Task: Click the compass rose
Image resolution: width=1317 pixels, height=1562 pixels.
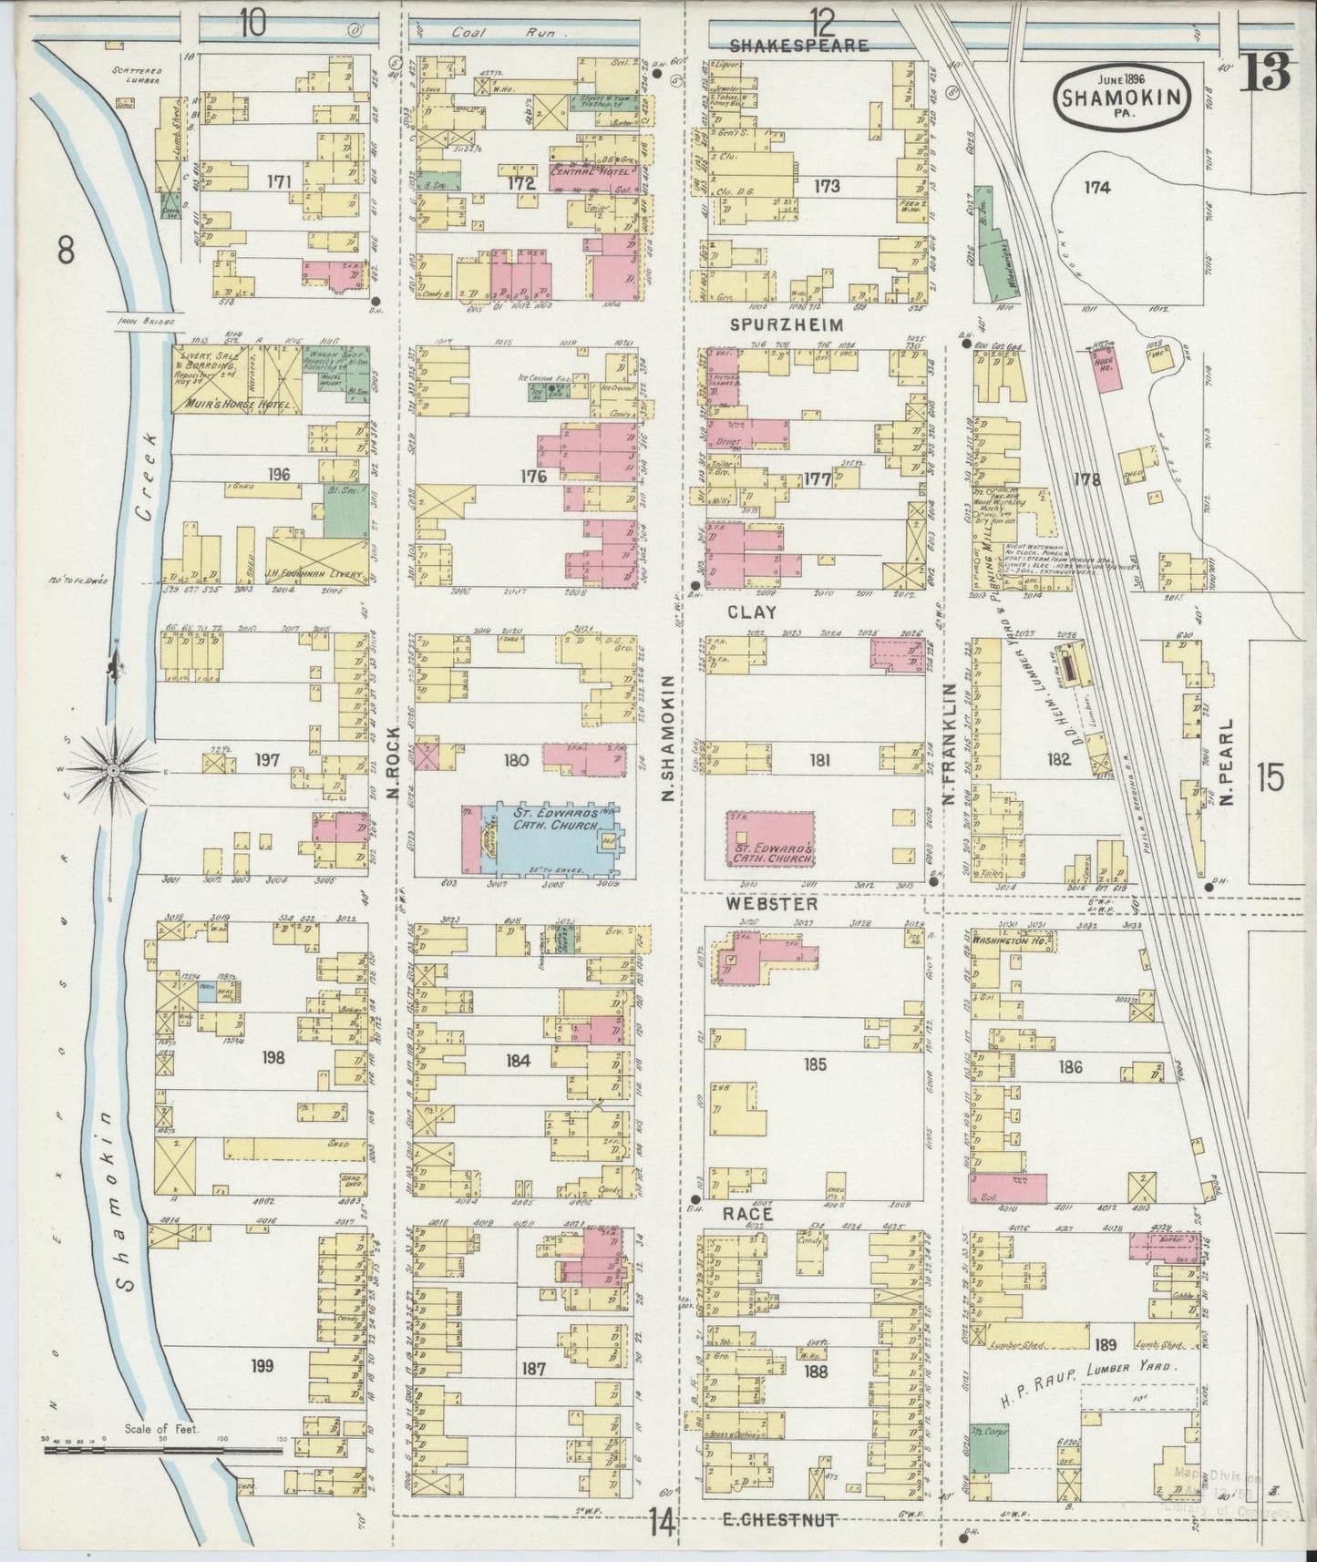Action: pos(113,771)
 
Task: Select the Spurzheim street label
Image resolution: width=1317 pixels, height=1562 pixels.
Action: pos(799,324)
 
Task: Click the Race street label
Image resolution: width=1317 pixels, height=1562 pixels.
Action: pos(747,1215)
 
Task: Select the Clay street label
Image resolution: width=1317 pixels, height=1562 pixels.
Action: pos(753,612)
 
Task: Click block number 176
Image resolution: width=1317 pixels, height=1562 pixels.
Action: pos(533,476)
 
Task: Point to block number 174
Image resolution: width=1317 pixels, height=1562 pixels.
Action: pos(1097,188)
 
